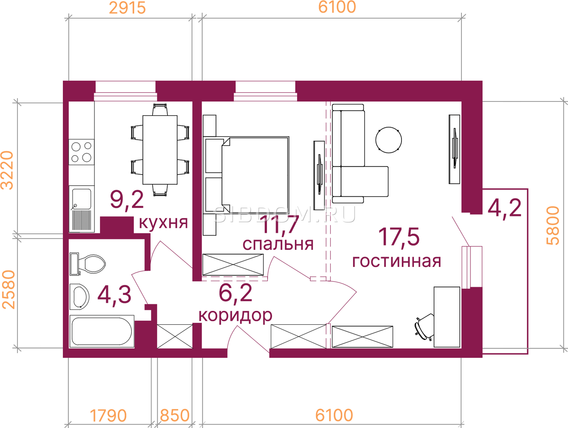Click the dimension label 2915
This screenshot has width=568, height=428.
tap(127, 8)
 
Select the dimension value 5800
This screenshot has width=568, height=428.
tap(553, 225)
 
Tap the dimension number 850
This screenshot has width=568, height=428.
tap(175, 415)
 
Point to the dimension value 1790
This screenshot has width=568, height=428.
tap(108, 415)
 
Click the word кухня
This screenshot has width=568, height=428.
tap(163, 222)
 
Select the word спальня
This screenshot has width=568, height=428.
tap(278, 244)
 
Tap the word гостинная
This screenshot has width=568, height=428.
tap(397, 261)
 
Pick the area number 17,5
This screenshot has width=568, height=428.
tap(399, 237)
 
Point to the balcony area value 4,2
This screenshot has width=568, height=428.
tap(504, 208)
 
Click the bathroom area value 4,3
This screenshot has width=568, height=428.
tap(114, 295)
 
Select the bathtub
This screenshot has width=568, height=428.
tap(102, 331)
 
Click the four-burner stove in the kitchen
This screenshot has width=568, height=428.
tap(81, 152)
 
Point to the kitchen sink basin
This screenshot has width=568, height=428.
tap(82, 199)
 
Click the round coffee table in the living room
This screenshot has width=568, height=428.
tap(389, 140)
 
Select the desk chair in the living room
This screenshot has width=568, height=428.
tap(424, 327)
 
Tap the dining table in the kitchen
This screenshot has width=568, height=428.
tap(160, 150)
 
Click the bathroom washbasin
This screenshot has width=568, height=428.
tap(80, 297)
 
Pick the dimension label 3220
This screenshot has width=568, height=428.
tap(7, 170)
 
